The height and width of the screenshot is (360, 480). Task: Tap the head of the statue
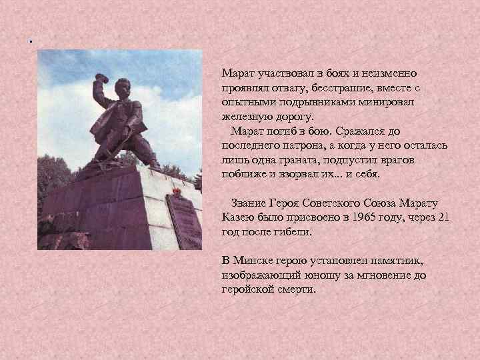pos(124,88)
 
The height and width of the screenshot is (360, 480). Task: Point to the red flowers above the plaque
pos(176,193)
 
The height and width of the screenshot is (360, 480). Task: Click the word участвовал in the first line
pos(285,73)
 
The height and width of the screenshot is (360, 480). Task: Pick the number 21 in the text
pos(442,218)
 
